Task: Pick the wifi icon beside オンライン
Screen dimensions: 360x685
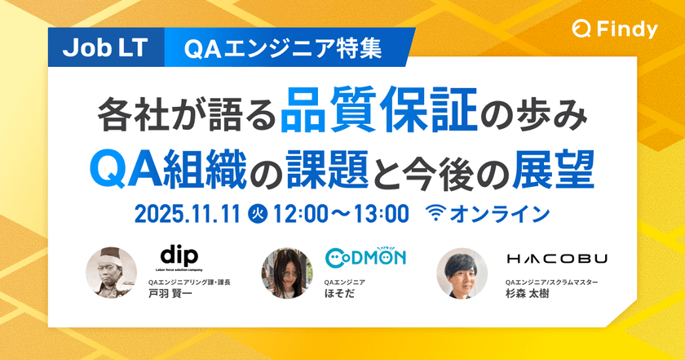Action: [437, 214]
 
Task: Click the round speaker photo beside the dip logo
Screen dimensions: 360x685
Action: [112, 272]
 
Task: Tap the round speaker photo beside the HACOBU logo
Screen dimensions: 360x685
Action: [462, 273]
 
